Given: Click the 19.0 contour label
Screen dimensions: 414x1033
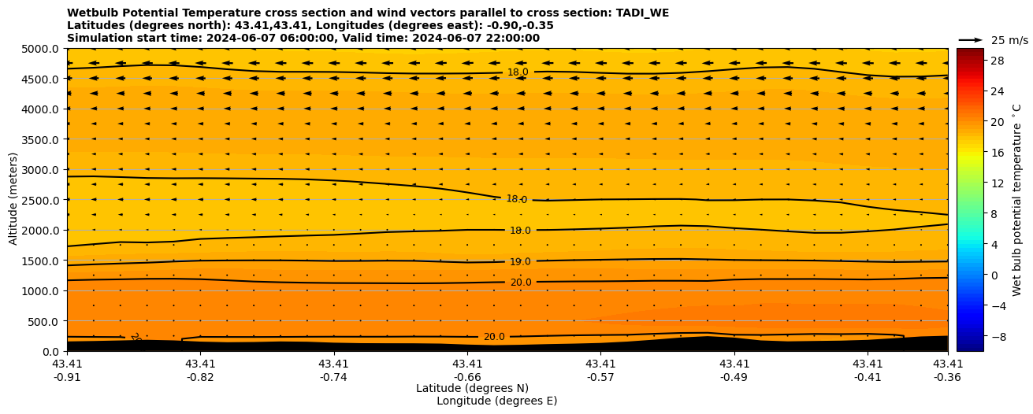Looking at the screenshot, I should pyautogui.click(x=520, y=262).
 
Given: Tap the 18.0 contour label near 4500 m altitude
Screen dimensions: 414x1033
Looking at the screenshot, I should pyautogui.click(x=518, y=72).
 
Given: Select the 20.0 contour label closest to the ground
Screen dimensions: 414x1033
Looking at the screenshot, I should pyautogui.click(x=494, y=337).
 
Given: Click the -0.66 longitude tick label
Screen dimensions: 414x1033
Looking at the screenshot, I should pyautogui.click(x=467, y=377).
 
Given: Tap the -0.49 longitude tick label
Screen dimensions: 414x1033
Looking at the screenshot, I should pyautogui.click(x=734, y=377).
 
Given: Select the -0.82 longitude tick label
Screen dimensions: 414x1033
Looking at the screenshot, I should pyautogui.click(x=200, y=377).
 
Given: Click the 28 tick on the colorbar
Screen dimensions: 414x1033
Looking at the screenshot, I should pyautogui.click(x=995, y=61).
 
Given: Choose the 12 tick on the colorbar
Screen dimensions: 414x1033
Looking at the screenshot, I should pyautogui.click(x=995, y=183).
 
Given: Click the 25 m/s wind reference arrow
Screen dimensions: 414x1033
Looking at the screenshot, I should pyautogui.click(x=971, y=40).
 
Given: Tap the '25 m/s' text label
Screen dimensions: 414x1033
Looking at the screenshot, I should pyautogui.click(x=1009, y=40).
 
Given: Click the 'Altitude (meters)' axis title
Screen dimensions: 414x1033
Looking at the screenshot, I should pyautogui.click(x=13, y=200).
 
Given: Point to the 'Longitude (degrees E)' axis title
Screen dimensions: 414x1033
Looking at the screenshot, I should pyautogui.click(x=496, y=401).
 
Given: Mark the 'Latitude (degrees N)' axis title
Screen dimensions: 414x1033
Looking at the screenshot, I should pyautogui.click(x=472, y=388).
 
